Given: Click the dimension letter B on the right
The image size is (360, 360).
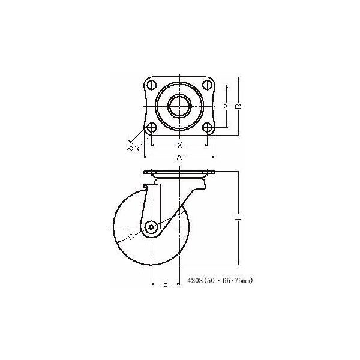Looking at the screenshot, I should (238, 106).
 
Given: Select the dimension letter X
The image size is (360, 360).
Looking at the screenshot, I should (179, 145).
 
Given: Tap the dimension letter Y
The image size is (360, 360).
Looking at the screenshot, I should (226, 106).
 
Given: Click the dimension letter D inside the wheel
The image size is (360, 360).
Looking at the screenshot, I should (130, 238).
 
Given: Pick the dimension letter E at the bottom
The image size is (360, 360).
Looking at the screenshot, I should (164, 284).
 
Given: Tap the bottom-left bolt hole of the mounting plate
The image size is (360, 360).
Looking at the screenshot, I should (152, 127).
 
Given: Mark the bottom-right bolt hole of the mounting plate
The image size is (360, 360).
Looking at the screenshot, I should (207, 127).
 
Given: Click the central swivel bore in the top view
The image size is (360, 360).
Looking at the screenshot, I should (179, 106).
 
